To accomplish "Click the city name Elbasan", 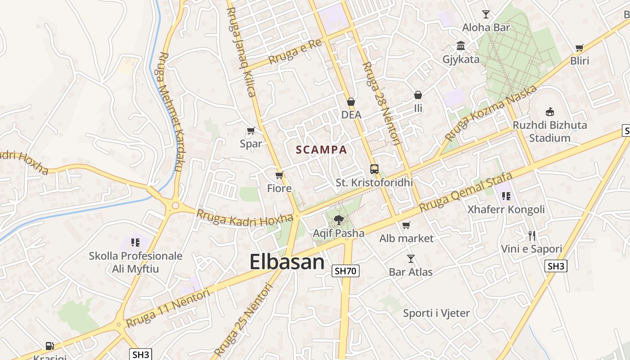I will click(287, 262).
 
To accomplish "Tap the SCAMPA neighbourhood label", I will click(321, 150).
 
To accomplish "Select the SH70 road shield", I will click(346, 271).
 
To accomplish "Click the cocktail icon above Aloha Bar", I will click(486, 14).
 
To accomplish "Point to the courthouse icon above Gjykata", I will click(461, 46).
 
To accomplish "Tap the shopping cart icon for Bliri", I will click(580, 48).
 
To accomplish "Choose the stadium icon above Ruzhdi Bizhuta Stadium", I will click(549, 112).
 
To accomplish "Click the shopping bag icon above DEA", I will click(351, 102).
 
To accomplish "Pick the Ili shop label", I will click(418, 108).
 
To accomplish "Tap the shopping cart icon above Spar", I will click(251, 131).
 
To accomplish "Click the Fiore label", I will click(279, 188).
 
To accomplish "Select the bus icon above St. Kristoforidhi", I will click(374, 169).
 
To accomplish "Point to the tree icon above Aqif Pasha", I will click(338, 220).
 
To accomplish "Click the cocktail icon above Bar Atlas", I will click(410, 259).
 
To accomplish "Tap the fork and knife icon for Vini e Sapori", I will click(532, 235).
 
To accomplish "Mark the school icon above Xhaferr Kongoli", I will click(506, 196).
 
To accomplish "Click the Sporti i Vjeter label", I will click(436, 313).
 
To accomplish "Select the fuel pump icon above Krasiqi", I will click(49, 346).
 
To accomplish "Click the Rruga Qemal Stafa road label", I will click(466, 192).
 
